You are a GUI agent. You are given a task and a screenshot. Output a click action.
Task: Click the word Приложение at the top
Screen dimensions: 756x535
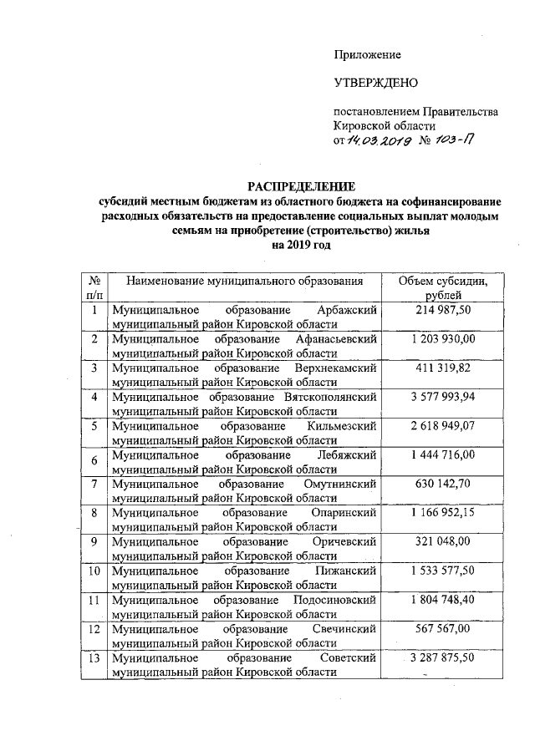click(x=367, y=54)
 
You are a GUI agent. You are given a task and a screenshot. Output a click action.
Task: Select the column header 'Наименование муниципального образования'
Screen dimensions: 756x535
click(x=245, y=282)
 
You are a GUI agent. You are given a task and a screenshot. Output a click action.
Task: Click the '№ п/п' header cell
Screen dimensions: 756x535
click(x=94, y=288)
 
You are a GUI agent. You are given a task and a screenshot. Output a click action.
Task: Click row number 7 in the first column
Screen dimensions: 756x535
click(x=94, y=484)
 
